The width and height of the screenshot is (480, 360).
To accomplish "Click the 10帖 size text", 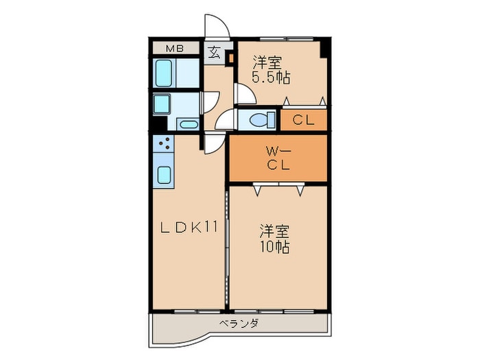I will pos(274,246).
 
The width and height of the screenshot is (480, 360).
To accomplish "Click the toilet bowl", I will pos(259,120).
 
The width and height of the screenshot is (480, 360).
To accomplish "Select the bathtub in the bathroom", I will pos(165,72).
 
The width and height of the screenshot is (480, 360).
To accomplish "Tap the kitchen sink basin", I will pos(165,174).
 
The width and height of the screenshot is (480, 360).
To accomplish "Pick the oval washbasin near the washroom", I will pos(187,124).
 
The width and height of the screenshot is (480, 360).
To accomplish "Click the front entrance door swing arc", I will pos(217,26).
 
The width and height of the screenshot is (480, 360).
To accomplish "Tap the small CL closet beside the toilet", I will pos(303,121).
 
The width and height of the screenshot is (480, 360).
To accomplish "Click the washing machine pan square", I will pos(163,104).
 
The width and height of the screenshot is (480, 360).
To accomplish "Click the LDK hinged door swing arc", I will pos(214,143).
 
